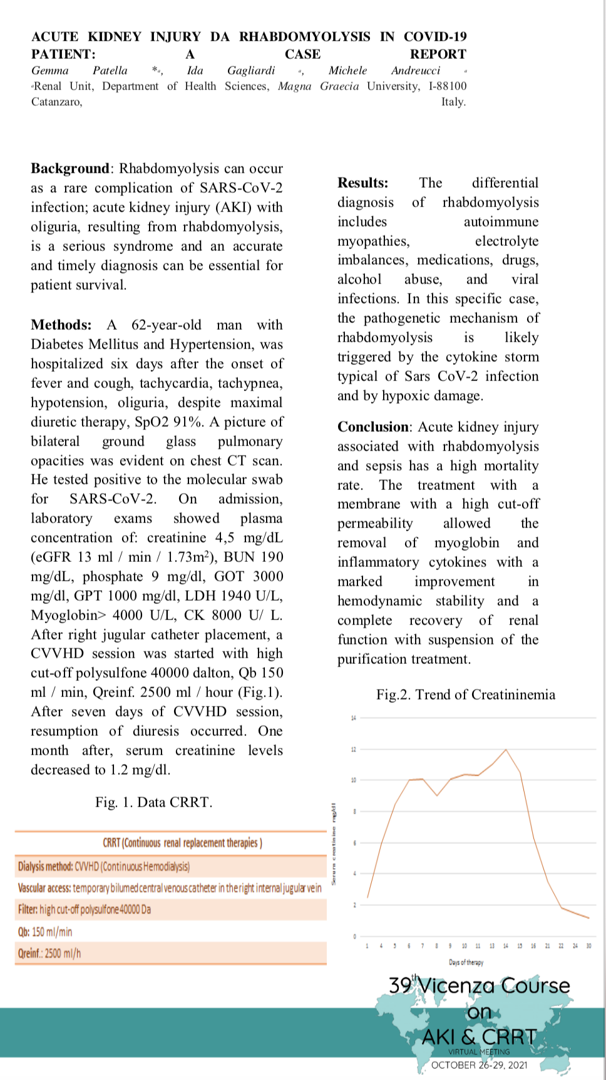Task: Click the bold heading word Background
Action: pyautogui.click(x=70, y=168)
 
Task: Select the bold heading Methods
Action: pyautogui.click(x=60, y=325)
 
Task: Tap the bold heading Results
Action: pyautogui.click(x=362, y=183)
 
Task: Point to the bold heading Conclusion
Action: pyautogui.click(x=373, y=427)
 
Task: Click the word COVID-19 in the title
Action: pyautogui.click(x=435, y=36)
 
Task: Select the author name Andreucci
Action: pyautogui.click(x=415, y=71)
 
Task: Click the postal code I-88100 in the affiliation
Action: pyautogui.click(x=448, y=86)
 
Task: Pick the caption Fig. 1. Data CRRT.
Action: pyautogui.click(x=153, y=802)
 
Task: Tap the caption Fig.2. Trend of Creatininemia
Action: pyautogui.click(x=465, y=695)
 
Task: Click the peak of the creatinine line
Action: pyautogui.click(x=506, y=749)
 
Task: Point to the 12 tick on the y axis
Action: pyautogui.click(x=354, y=749)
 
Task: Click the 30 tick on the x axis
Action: pyautogui.click(x=588, y=945)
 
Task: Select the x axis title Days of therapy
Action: pyautogui.click(x=466, y=962)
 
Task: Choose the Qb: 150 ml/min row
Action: pyautogui.click(x=45, y=932)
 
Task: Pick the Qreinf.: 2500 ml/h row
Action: pyautogui.click(x=49, y=954)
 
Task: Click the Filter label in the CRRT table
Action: pyautogui.click(x=28, y=910)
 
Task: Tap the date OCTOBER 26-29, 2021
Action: pyautogui.click(x=479, y=1065)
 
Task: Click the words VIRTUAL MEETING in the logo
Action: pyautogui.click(x=479, y=1052)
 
